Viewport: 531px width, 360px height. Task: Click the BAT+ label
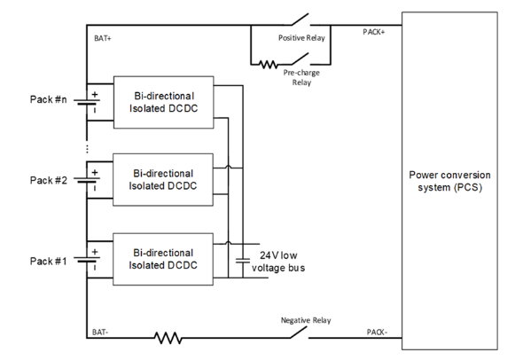point(103,38)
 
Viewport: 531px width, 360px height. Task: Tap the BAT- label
point(100,333)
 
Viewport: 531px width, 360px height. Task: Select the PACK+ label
point(374,32)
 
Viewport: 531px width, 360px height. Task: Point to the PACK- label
point(377,333)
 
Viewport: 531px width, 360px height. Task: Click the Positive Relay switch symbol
point(301,20)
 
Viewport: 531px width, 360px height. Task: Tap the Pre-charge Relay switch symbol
point(301,59)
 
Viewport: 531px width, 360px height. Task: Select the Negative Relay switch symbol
point(300,333)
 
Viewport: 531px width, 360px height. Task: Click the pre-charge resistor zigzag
point(269,65)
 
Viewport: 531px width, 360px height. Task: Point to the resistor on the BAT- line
point(168,338)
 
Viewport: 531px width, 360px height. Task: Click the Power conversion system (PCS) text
point(449,181)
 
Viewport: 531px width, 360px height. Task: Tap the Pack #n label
point(49,99)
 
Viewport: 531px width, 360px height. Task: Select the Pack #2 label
point(49,180)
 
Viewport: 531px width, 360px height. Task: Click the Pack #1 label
point(49,261)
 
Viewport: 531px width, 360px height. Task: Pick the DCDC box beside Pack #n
point(164,102)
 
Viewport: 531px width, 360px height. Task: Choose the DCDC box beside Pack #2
point(163,180)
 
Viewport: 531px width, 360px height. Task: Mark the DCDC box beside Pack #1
point(163,259)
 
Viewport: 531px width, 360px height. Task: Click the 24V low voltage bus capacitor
point(243,261)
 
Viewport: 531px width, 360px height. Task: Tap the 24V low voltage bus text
point(278,262)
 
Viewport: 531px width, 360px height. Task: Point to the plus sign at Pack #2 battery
point(95,172)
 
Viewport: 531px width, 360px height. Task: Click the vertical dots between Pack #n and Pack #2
point(87,149)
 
